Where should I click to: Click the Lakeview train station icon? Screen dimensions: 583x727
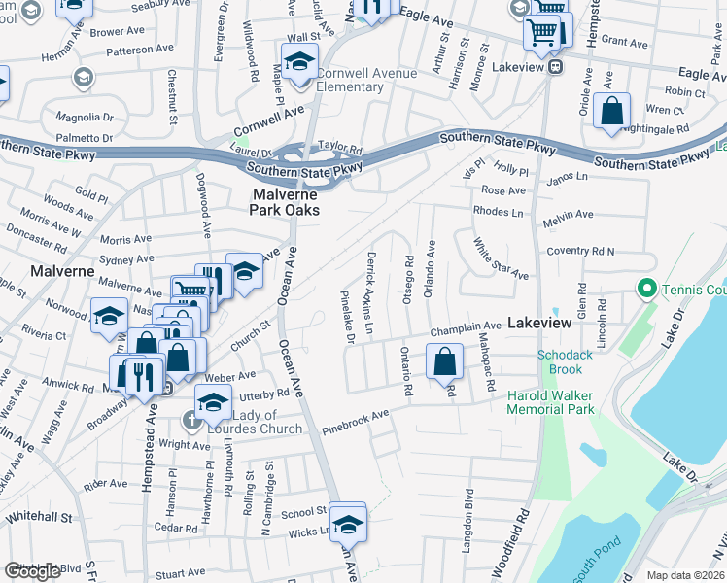(x=555, y=67)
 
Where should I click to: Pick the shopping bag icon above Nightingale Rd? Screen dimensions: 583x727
(x=613, y=110)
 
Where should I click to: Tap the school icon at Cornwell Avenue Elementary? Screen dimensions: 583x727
(x=301, y=62)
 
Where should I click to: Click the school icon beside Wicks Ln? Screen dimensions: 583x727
(x=347, y=523)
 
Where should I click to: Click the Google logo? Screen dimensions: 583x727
(x=32, y=571)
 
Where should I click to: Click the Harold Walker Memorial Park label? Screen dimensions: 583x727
(x=549, y=402)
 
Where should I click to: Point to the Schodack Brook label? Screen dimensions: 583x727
(x=566, y=361)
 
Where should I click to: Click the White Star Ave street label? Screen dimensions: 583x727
(x=500, y=258)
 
